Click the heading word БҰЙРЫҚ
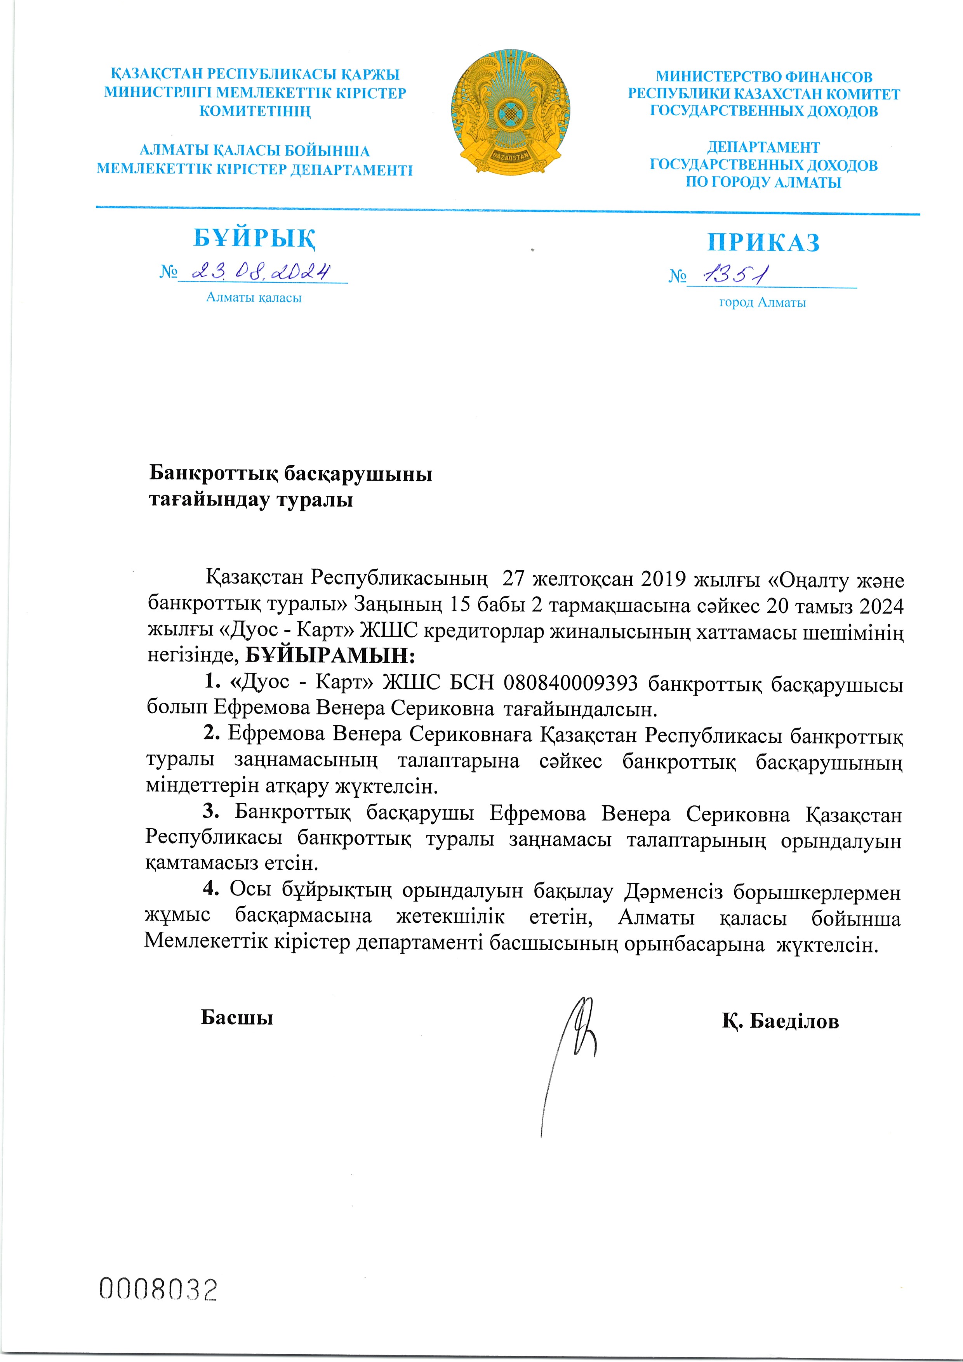coord(255,238)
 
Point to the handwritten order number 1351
coord(736,274)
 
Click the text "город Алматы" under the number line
coord(763,302)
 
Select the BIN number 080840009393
coord(570,683)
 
